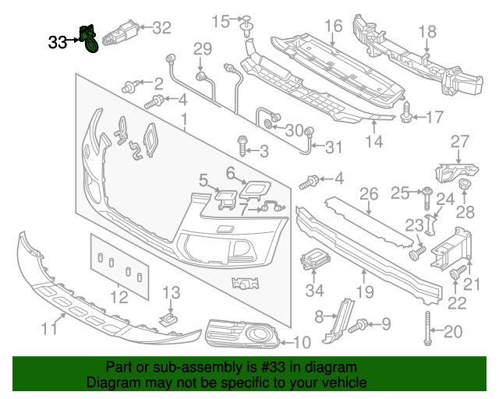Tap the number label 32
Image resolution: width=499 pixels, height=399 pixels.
point(161,28)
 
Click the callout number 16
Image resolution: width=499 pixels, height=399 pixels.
point(333,26)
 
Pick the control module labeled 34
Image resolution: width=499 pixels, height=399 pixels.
point(315,260)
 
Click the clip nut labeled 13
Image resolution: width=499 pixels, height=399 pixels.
point(167,320)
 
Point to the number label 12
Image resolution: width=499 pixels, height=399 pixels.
point(119,297)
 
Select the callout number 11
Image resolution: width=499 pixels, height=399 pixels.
point(49,329)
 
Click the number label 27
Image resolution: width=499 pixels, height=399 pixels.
point(460,141)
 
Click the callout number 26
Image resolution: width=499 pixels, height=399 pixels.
point(368,193)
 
